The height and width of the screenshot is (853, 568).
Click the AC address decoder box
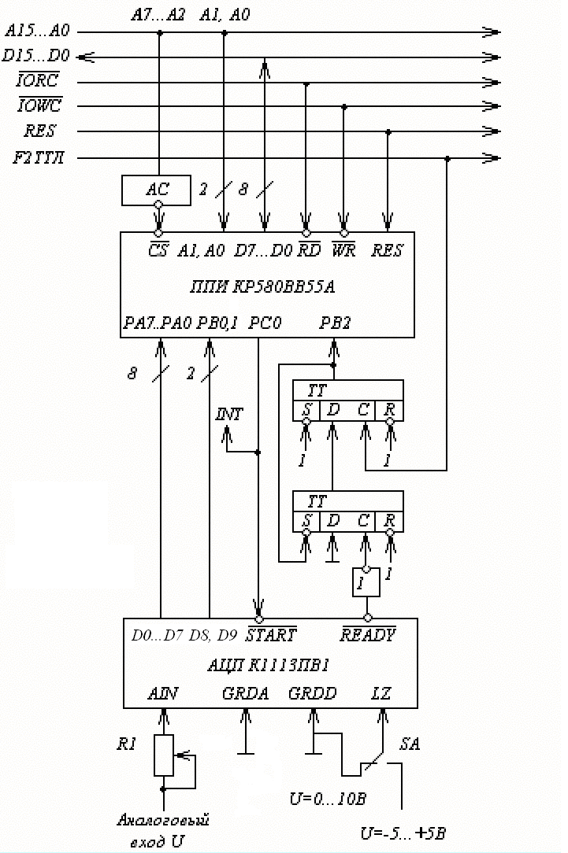click(158, 189)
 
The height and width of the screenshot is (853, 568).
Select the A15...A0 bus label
click(37, 31)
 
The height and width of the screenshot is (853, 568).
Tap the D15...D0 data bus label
click(36, 56)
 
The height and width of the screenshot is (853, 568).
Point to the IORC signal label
click(39, 81)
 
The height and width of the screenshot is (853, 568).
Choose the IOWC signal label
click(39, 105)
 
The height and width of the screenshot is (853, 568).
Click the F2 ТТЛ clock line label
click(39, 158)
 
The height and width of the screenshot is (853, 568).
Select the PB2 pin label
click(335, 323)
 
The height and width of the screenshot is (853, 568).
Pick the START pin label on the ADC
click(271, 634)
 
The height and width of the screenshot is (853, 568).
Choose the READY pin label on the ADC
click(368, 634)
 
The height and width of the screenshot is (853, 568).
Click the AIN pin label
click(163, 694)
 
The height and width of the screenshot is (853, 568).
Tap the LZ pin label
click(381, 694)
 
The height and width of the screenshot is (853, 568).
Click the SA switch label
click(410, 744)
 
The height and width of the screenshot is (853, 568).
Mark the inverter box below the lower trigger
click(366, 582)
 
